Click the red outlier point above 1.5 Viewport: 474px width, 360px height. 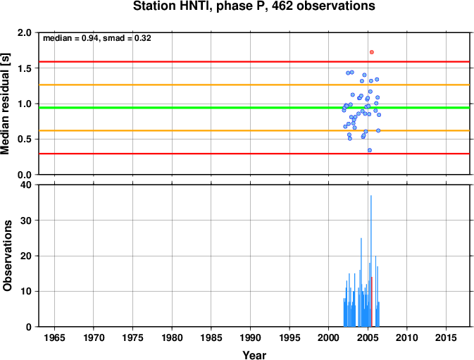tap(371, 52)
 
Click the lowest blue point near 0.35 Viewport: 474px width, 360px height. tap(369, 150)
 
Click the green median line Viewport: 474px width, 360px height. tap(254, 108)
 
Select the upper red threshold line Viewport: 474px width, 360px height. tap(254, 62)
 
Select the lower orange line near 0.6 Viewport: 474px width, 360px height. tap(254, 130)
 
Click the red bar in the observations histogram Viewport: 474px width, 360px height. tap(372, 302)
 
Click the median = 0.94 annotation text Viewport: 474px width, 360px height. tap(70, 38)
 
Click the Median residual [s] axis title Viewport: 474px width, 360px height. tap(6, 104)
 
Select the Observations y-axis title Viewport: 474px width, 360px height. tap(6, 256)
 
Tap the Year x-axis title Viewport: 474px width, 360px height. tap(254, 355)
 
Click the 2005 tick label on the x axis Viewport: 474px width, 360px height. tap(368, 337)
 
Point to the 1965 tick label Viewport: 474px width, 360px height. tap(54, 337)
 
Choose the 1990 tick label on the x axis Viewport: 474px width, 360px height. tap(250, 337)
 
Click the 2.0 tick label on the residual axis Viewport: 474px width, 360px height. tap(25, 32)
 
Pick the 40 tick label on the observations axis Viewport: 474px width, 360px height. tap(26, 185)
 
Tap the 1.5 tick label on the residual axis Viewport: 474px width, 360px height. tap(25, 68)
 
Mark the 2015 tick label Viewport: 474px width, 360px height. tap(446, 337)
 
